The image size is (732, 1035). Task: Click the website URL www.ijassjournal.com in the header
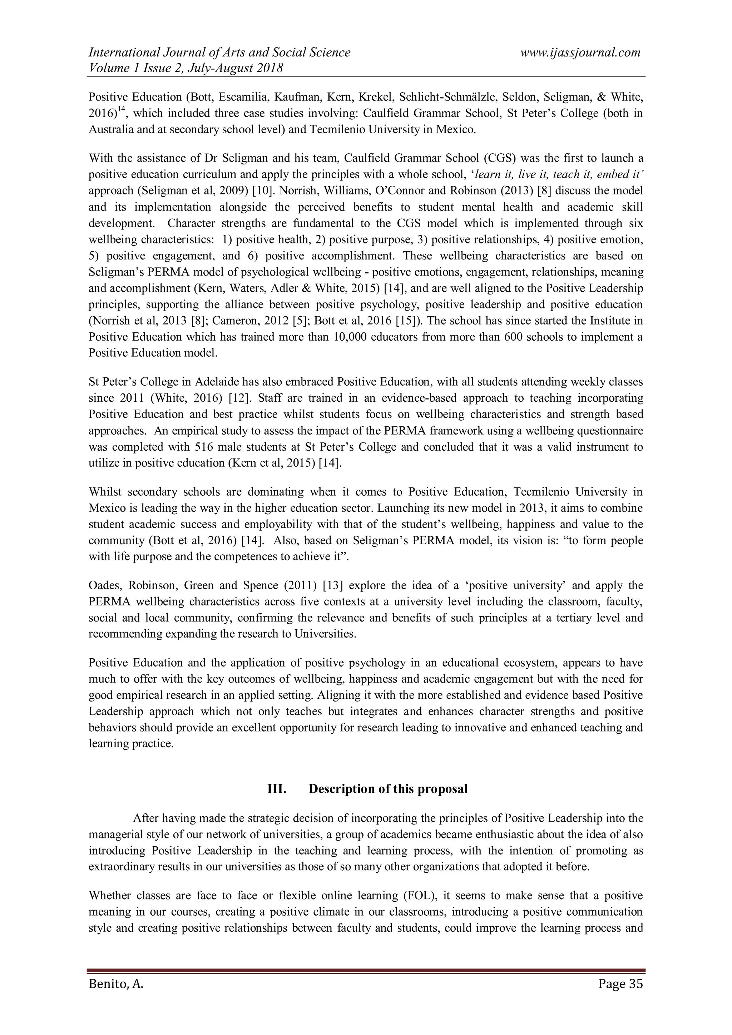[580, 52]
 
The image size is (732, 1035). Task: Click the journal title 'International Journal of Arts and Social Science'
[219, 52]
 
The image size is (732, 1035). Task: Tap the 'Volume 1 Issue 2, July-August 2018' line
[186, 68]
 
